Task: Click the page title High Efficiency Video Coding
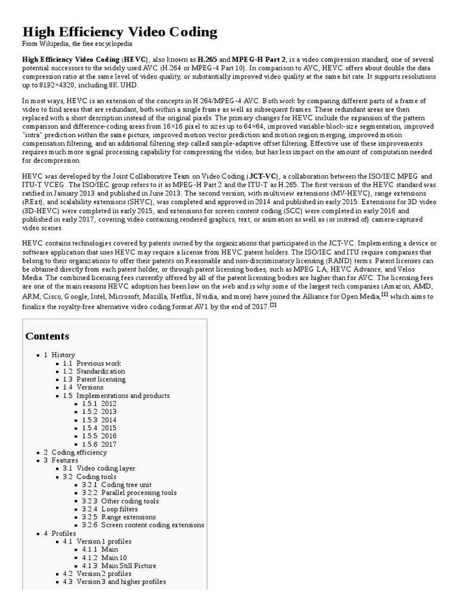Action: point(119,32)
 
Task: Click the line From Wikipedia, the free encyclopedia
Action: point(77,44)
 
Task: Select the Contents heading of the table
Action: point(47,336)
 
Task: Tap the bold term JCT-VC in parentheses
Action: point(262,176)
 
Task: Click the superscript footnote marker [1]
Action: point(385,294)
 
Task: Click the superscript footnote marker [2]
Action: point(273,304)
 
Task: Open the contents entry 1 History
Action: point(59,355)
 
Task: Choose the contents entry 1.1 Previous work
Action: point(92,363)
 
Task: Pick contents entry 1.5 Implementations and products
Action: point(116,396)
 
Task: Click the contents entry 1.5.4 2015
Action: point(100,428)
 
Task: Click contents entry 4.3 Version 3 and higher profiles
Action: point(114,581)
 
